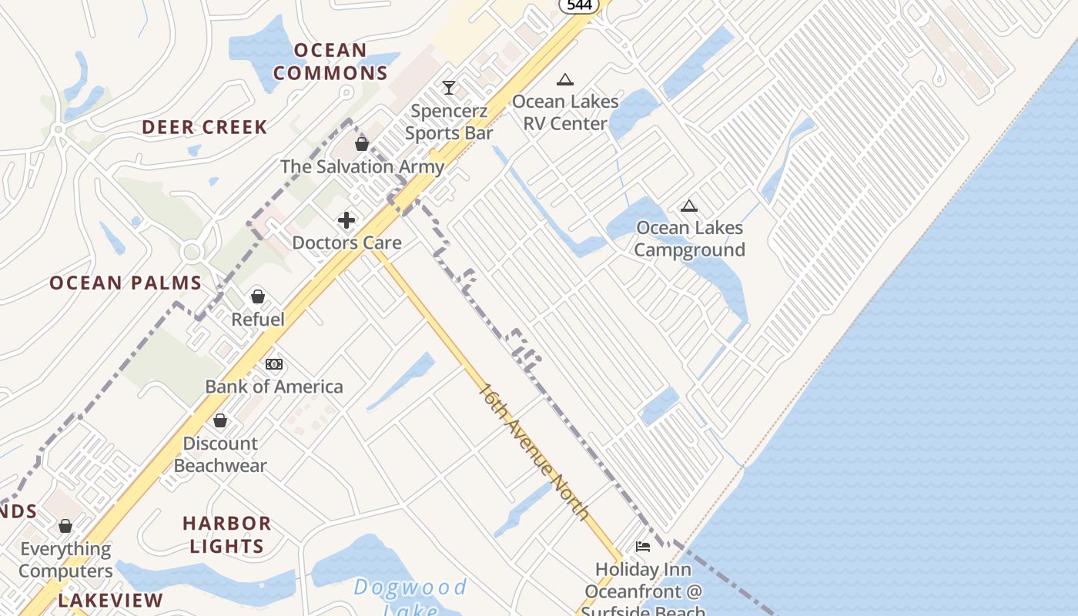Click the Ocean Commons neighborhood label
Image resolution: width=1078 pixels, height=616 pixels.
tap(330, 62)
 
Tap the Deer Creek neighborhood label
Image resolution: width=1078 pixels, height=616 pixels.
tap(205, 127)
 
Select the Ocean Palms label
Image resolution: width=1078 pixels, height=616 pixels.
tap(126, 283)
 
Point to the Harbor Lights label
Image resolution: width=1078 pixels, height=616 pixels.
tap(226, 534)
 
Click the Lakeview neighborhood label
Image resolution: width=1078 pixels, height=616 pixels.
tap(111, 600)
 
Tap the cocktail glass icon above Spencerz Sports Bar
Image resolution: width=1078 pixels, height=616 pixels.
tap(449, 88)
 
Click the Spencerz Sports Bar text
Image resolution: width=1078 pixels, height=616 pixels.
tap(449, 122)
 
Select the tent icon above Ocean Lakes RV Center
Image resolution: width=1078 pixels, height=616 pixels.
tap(565, 79)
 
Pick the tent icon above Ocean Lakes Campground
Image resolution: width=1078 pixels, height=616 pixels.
tap(689, 206)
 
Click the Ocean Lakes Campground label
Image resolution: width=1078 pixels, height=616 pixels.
tap(690, 239)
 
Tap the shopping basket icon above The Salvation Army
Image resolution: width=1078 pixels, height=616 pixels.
tap(362, 144)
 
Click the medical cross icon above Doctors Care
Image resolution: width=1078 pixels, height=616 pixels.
tap(346, 220)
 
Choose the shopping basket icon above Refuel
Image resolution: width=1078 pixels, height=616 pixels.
tap(258, 296)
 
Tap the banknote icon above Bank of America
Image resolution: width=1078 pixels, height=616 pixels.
tap(274, 364)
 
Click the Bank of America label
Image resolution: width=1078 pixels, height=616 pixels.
tap(274, 387)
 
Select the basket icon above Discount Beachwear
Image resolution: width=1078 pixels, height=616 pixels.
tap(220, 420)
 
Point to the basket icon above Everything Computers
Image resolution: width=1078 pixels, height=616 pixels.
tap(65, 526)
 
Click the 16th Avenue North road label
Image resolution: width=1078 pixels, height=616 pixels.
tap(534, 452)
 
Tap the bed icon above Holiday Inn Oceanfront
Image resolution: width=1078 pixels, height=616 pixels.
tap(643, 547)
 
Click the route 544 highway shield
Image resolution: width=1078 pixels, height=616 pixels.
tap(579, 5)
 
